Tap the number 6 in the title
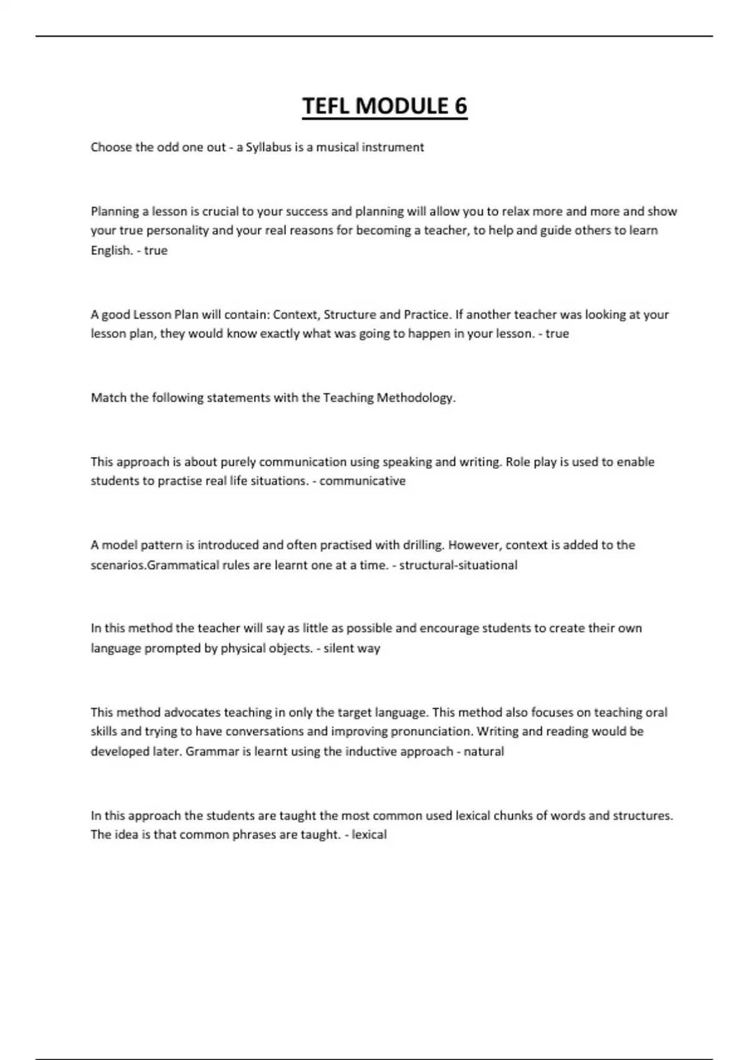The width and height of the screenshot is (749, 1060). tap(460, 106)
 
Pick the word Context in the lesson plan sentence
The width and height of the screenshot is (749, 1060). tap(295, 314)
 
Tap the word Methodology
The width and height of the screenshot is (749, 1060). tap(416, 398)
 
